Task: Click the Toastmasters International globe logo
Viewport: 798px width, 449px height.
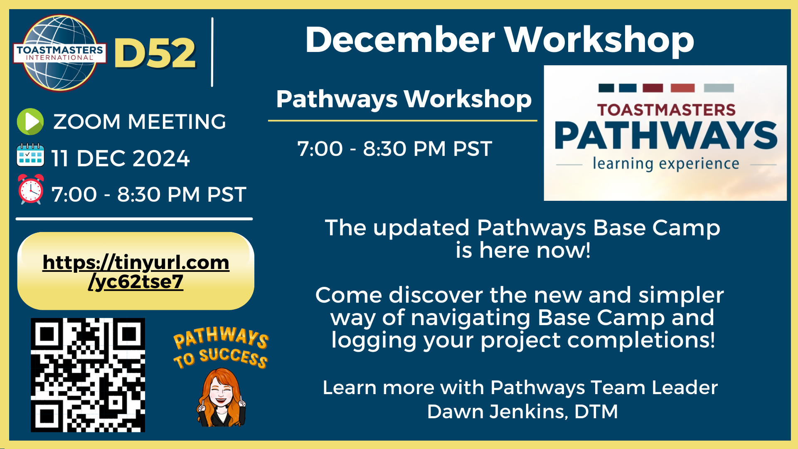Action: tap(59, 53)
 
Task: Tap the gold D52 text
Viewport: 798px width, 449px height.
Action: tap(155, 53)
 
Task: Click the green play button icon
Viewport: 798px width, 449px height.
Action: tap(30, 122)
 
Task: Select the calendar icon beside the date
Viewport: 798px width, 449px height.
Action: tap(30, 155)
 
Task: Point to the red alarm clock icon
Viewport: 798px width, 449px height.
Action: tap(31, 189)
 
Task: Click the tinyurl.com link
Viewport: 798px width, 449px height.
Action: tap(136, 272)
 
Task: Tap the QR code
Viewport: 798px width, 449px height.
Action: tap(88, 375)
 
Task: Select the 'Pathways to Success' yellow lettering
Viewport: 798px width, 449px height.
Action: tap(221, 348)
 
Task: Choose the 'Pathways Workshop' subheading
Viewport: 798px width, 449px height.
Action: tap(404, 99)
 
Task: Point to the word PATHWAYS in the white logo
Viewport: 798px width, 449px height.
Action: tap(666, 136)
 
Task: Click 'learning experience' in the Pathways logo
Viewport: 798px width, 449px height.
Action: tap(666, 163)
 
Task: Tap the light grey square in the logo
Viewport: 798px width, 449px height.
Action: tap(719, 88)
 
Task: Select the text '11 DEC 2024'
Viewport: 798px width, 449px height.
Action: tap(120, 158)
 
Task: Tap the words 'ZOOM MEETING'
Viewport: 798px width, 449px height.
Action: tap(140, 122)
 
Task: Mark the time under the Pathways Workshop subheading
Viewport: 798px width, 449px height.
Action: tap(395, 148)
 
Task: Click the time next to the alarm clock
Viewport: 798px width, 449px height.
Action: tap(149, 194)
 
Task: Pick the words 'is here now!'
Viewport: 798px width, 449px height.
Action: tap(523, 250)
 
